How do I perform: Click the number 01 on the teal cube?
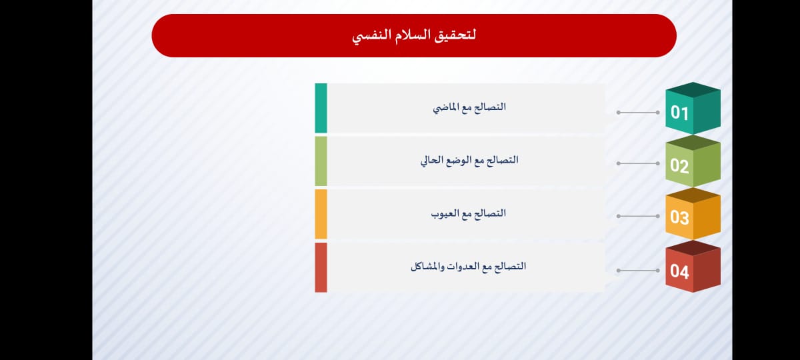[679, 113]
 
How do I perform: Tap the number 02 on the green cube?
[679, 166]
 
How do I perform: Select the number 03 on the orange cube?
[679, 217]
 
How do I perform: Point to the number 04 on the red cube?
[679, 271]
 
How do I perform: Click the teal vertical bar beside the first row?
[321, 108]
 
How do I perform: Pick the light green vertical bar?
[321, 161]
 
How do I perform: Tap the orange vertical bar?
[321, 214]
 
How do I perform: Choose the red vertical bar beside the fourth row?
[321, 267]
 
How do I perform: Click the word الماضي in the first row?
[445, 107]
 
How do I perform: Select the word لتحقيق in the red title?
[455, 36]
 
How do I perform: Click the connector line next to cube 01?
[638, 113]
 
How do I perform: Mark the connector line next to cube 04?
[638, 271]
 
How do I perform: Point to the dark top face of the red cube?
[693, 248]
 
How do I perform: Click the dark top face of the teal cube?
[693, 89]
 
